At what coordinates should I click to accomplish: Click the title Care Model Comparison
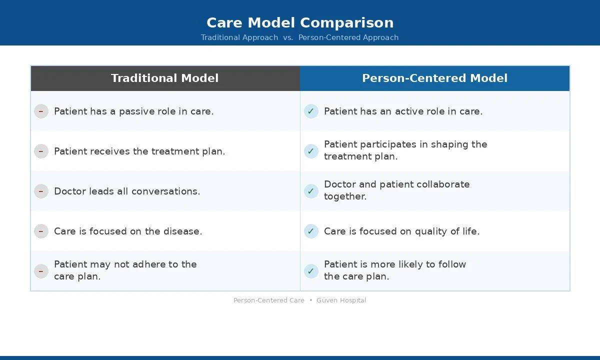(x=300, y=22)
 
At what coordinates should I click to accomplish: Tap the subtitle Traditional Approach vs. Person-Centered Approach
(x=300, y=37)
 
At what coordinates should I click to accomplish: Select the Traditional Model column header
(x=165, y=78)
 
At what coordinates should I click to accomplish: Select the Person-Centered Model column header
(x=434, y=78)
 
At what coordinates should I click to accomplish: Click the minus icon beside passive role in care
(x=41, y=111)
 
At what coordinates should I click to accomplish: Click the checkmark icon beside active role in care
(x=311, y=111)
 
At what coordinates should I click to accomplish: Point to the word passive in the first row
(x=134, y=111)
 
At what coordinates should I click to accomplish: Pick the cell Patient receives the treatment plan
(x=139, y=151)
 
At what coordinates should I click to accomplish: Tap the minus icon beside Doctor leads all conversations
(x=41, y=191)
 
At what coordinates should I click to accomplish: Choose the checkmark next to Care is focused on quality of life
(x=311, y=231)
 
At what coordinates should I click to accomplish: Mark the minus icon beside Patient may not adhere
(x=41, y=271)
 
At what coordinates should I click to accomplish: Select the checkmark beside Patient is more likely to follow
(x=311, y=271)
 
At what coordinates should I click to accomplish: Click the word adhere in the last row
(x=150, y=264)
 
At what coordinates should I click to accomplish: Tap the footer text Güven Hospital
(x=341, y=300)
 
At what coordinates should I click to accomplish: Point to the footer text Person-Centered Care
(x=268, y=300)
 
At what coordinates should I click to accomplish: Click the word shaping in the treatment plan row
(x=449, y=144)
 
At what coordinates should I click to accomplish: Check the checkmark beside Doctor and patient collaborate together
(x=311, y=191)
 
